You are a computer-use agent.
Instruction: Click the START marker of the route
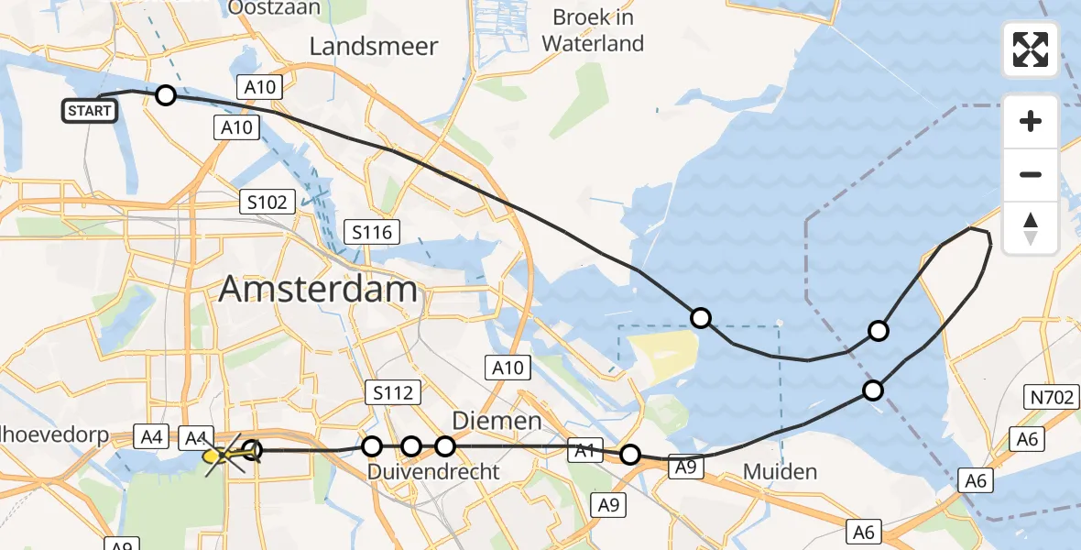(x=90, y=111)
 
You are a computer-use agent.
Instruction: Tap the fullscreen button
(x=1031, y=49)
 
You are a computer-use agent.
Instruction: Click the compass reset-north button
(x=1031, y=227)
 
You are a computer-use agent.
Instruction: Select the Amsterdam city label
(x=319, y=291)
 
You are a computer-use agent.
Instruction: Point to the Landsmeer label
(x=374, y=47)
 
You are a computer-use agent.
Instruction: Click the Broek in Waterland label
(x=593, y=30)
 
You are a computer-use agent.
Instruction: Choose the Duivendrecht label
(x=433, y=472)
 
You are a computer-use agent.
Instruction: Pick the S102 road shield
(x=267, y=203)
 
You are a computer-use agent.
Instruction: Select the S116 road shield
(x=372, y=232)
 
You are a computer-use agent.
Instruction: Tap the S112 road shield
(x=392, y=393)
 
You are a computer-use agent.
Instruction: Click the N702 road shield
(x=1048, y=396)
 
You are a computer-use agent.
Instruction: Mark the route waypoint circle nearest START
(x=165, y=94)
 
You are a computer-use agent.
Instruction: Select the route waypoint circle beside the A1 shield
(x=630, y=455)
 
